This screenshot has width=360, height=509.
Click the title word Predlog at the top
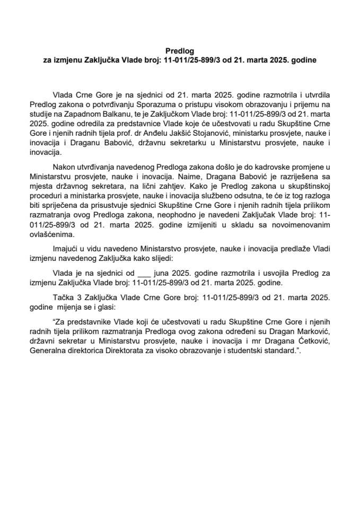coord(180,51)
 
